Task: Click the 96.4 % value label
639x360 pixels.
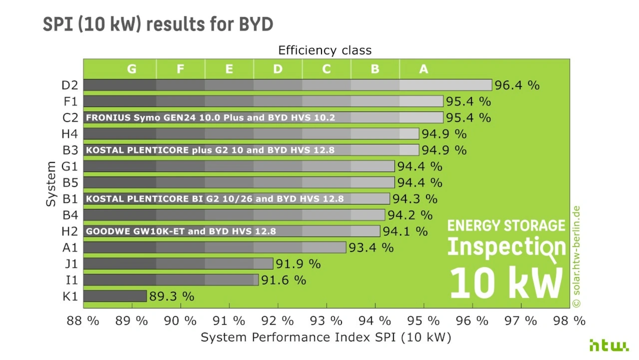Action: click(517, 85)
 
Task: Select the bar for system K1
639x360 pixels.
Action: click(115, 296)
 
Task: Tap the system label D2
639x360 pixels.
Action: click(70, 85)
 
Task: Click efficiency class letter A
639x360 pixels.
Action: click(423, 69)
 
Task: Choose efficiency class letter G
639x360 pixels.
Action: click(132, 69)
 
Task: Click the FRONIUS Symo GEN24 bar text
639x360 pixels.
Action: click(210, 118)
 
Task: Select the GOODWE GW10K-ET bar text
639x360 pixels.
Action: click(181, 231)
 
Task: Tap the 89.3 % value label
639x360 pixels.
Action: click(171, 296)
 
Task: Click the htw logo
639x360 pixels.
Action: click(609, 346)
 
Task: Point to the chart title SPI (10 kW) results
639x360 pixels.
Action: click(158, 24)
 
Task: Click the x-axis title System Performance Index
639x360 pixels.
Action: click(325, 338)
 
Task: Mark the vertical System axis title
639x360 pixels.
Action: click(51, 184)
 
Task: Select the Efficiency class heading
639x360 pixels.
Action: click(324, 50)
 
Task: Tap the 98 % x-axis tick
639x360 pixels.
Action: click(569, 321)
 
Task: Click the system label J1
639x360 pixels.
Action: click(70, 264)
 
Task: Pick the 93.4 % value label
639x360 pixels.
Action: click(371, 248)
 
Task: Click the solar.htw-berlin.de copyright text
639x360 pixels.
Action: click(577, 257)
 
